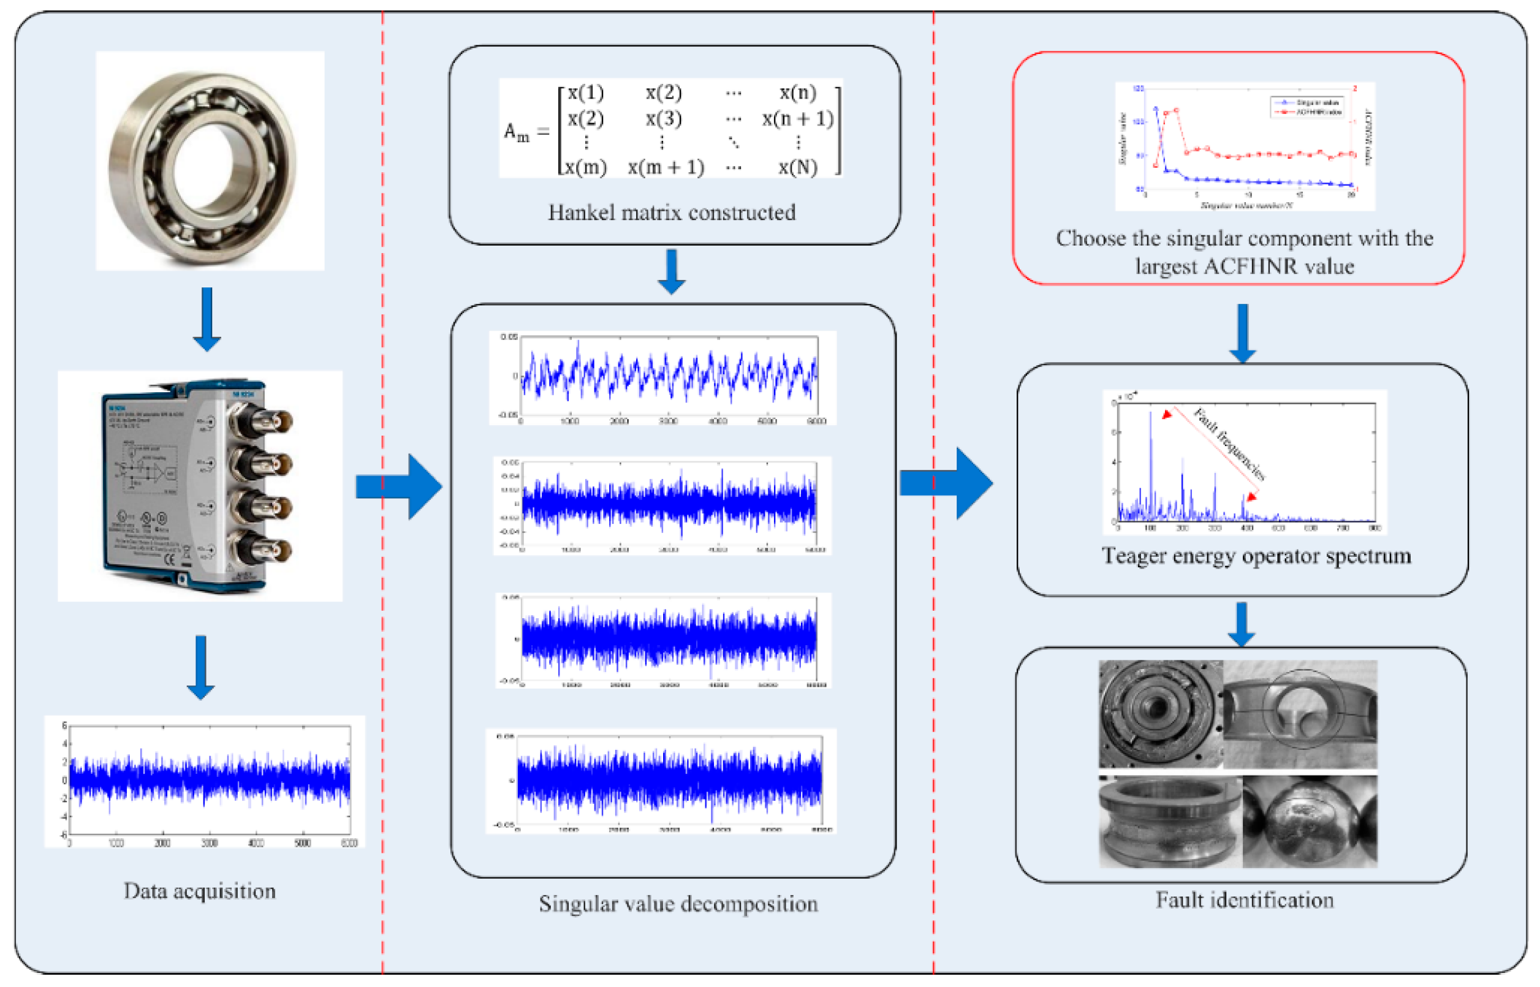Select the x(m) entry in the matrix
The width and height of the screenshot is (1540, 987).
(585, 167)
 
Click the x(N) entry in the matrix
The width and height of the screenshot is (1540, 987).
(797, 167)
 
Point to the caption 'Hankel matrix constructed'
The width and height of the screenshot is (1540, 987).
(671, 212)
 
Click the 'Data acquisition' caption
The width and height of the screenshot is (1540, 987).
(199, 890)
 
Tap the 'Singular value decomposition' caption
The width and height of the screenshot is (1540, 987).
(677, 903)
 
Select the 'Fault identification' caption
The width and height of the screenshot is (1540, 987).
(1244, 899)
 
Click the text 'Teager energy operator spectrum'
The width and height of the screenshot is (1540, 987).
(1256, 555)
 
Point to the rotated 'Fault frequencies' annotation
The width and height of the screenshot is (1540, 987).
(1229, 443)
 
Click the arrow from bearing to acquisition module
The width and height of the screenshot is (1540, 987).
(207, 319)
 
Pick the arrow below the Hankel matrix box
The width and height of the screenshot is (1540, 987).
(671, 272)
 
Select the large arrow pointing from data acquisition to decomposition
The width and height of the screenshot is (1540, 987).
(398, 486)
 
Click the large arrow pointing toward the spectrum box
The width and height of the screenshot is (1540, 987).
(946, 483)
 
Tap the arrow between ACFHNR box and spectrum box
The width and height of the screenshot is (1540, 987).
(1242, 333)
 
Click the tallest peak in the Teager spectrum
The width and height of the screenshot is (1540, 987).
(1150, 417)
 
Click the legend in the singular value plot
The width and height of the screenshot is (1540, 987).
(1307, 107)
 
